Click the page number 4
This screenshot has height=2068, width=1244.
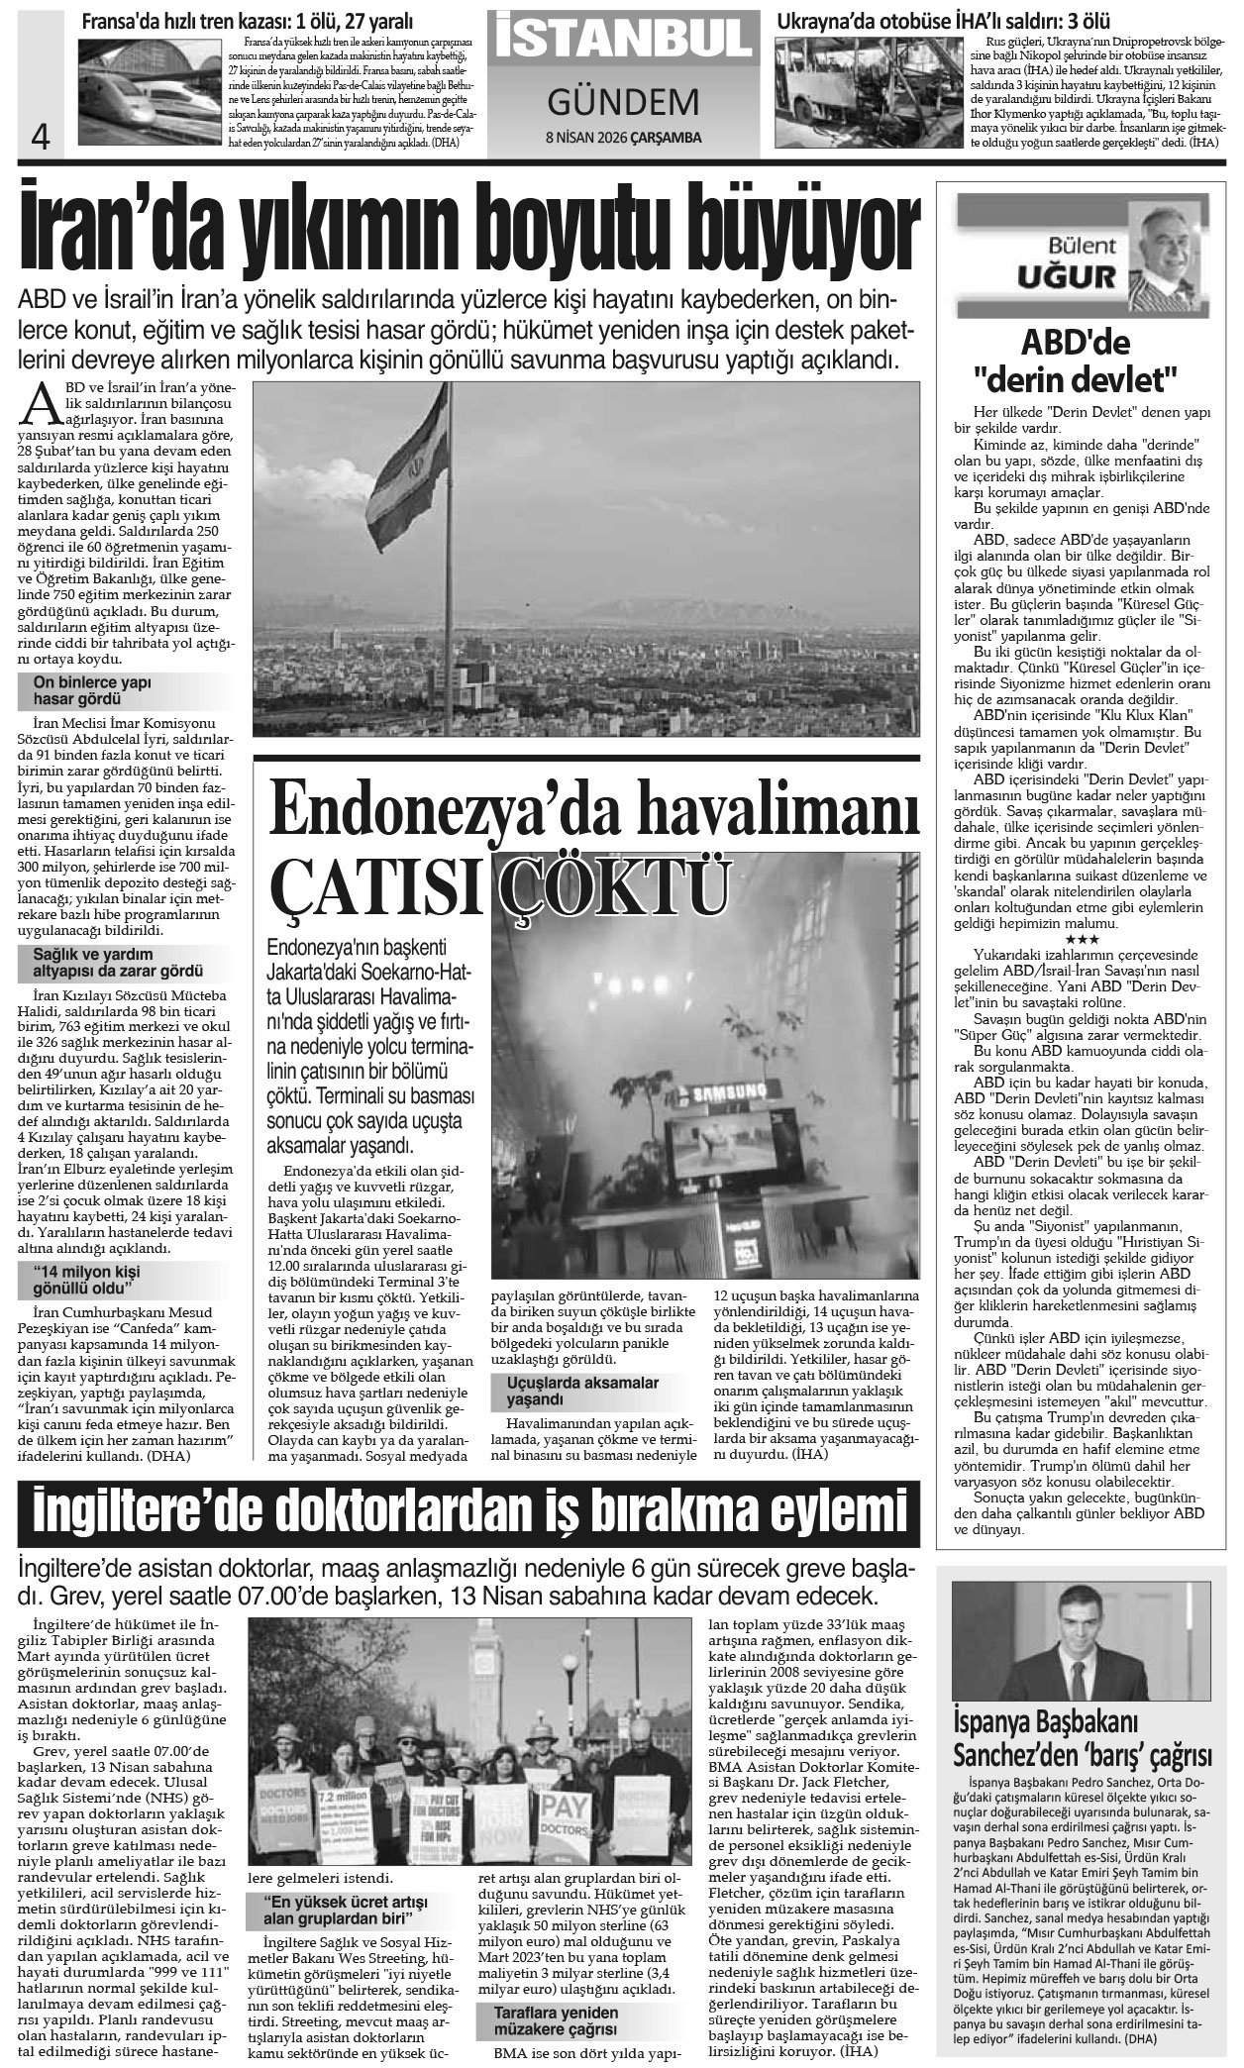coord(41,135)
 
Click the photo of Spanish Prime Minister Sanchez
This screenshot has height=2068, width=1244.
coord(1085,1622)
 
